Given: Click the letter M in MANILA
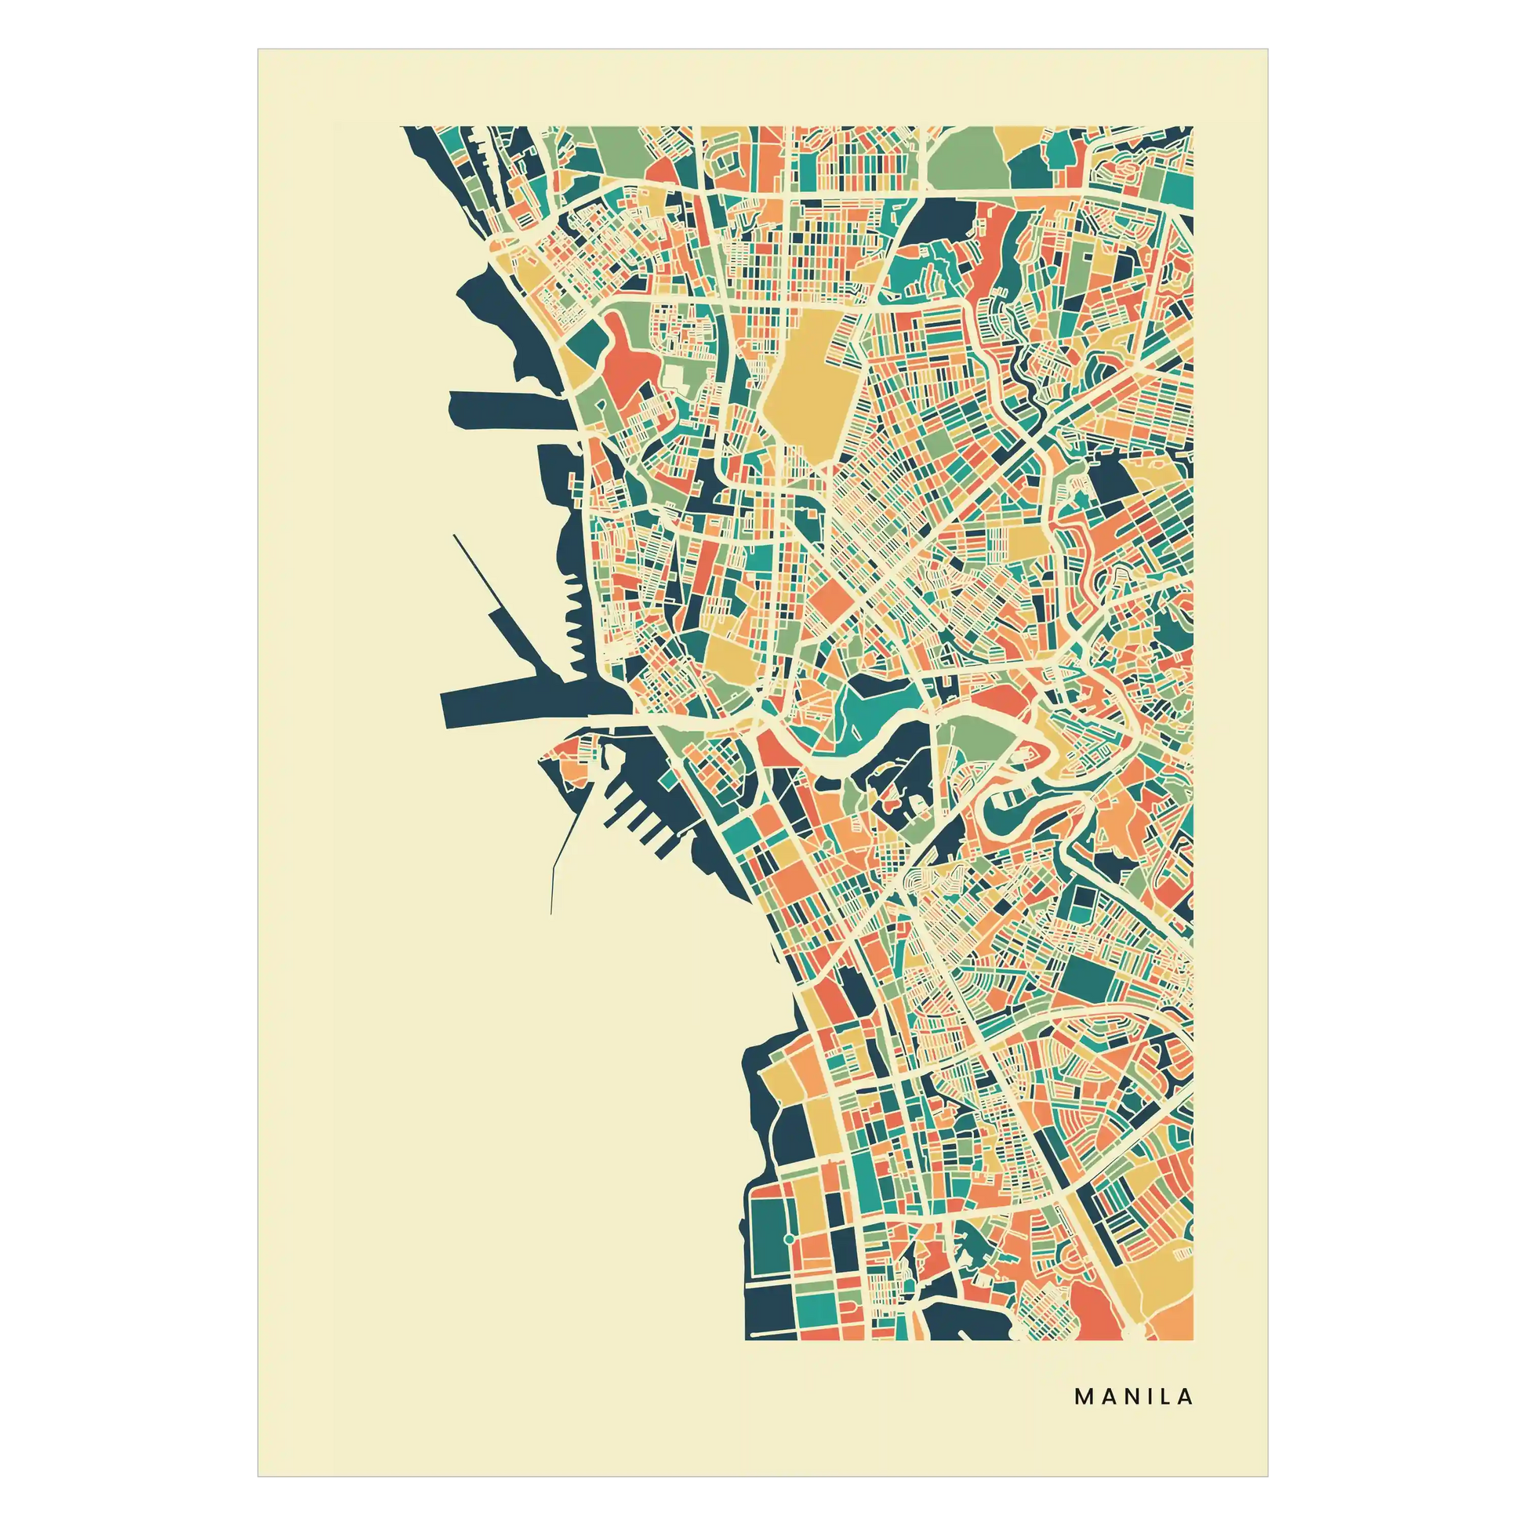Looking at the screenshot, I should (x=1084, y=1397).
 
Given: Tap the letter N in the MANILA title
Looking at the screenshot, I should (x=1126, y=1397).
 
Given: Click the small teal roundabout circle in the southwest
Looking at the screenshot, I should (x=788, y=1240).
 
